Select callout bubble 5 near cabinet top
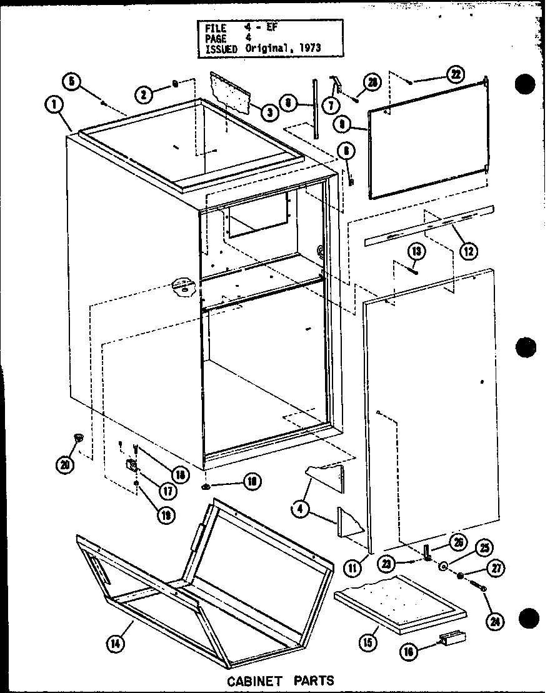[x=72, y=82]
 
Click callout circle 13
[x=417, y=251]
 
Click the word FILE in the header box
[x=214, y=28]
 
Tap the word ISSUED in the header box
[x=218, y=48]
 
